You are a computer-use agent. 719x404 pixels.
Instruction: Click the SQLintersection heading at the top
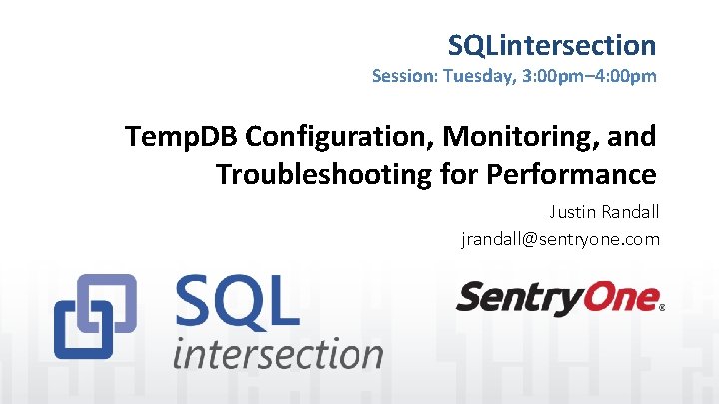tap(551, 45)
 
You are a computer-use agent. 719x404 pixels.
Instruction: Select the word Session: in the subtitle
tap(404, 76)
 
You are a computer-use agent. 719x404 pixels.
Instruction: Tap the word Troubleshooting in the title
tap(324, 174)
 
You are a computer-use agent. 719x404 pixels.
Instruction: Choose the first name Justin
tap(572, 212)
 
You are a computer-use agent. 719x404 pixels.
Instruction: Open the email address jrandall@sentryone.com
tap(560, 239)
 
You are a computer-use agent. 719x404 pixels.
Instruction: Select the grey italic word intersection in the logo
tap(278, 353)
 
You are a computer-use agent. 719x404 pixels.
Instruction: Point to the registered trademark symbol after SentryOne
tap(662, 309)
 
